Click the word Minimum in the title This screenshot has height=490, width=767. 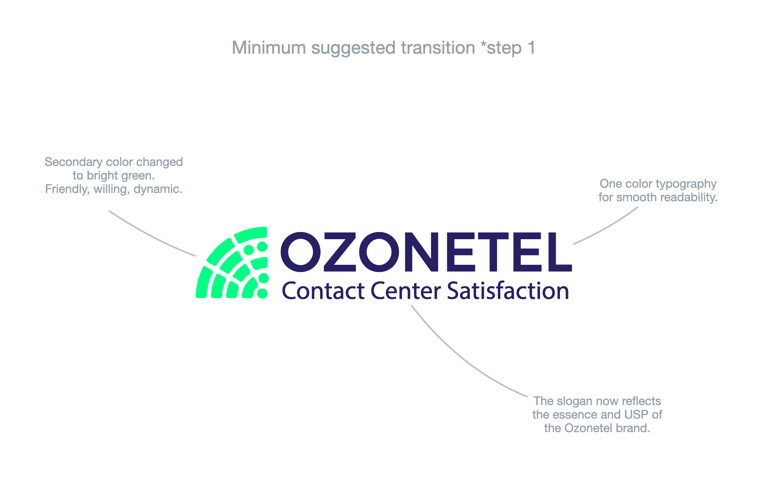[x=269, y=48]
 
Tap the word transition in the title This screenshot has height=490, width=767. [x=438, y=48]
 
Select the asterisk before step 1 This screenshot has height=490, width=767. [x=484, y=45]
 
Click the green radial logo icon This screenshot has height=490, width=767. [x=232, y=263]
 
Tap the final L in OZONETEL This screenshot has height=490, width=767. [x=556, y=252]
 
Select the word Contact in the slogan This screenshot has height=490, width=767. [x=323, y=291]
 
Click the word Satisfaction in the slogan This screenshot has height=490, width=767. [x=508, y=290]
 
